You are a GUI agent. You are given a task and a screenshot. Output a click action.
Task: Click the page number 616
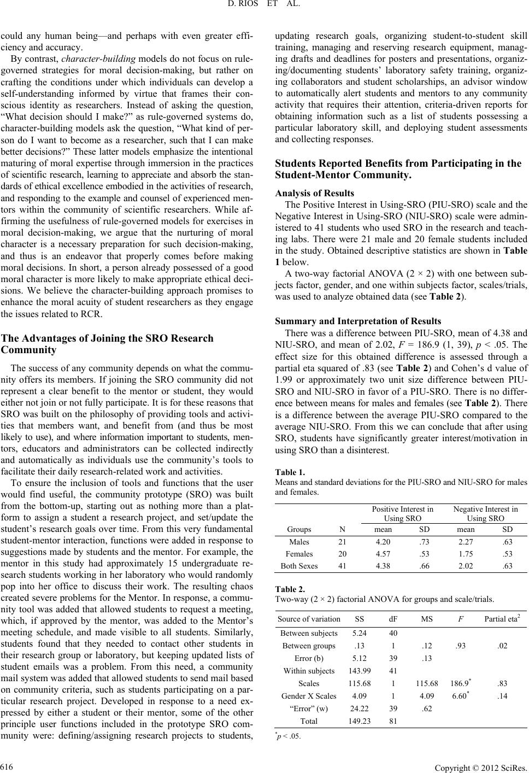[7, 764]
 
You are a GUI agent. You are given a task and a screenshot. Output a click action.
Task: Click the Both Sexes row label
[299, 566]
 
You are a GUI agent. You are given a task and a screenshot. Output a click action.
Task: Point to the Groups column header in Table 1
[298, 529]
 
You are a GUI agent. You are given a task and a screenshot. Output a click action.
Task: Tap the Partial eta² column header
[502, 619]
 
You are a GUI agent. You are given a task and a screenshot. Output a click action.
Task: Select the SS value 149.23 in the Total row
[359, 721]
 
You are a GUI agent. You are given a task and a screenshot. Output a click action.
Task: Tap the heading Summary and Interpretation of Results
[358, 321]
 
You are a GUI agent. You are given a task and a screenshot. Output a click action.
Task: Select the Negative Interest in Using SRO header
[486, 514]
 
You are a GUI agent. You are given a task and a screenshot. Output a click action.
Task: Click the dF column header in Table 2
[393, 619]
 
